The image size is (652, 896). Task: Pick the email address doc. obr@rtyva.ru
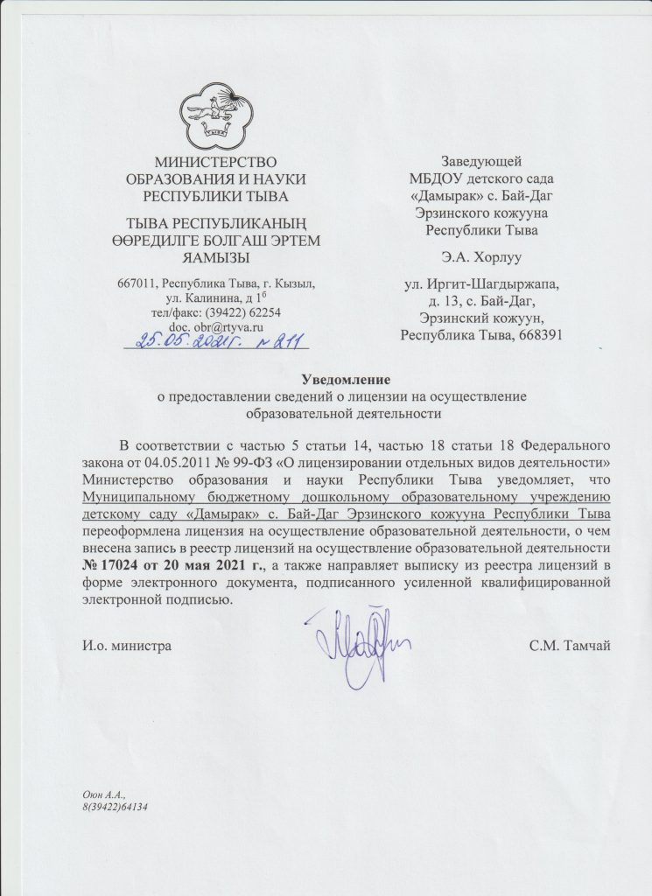click(x=209, y=325)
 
